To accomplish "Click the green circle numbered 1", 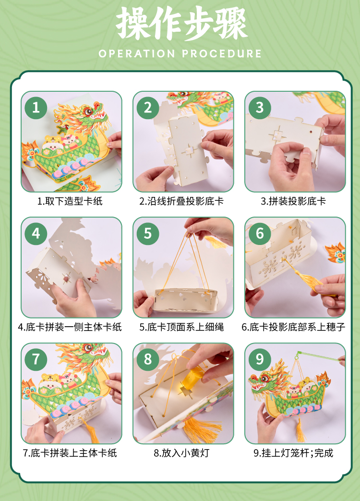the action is (x=36, y=108).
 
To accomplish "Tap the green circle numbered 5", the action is (x=148, y=233).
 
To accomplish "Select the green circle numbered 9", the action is (x=260, y=359).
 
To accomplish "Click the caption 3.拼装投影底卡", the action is (x=293, y=201).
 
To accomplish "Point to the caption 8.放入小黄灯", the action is (x=181, y=453).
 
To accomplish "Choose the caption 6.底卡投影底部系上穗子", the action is (x=293, y=327).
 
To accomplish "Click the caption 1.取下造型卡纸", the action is (x=70, y=201).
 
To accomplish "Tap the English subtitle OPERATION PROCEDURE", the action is (x=180, y=53).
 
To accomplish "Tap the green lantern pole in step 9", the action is (x=319, y=356).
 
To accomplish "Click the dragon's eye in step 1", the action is (x=88, y=111).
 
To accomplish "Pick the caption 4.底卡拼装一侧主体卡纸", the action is (x=70, y=327).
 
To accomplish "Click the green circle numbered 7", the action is (x=36, y=359).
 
